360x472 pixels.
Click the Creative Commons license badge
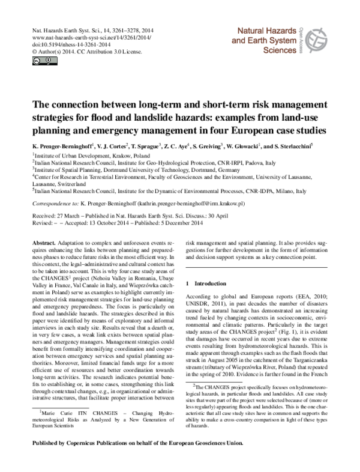click(x=38, y=61)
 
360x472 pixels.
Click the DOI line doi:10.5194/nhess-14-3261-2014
click(x=63, y=44)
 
